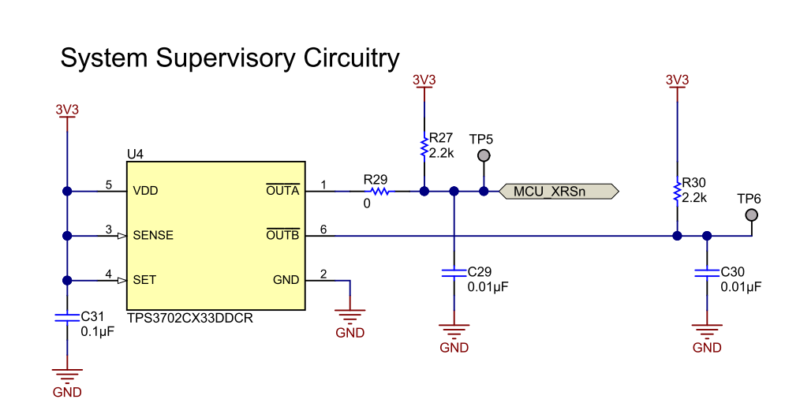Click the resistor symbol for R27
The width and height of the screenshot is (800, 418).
coord(424,147)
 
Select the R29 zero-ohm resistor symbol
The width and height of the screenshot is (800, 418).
coord(380,191)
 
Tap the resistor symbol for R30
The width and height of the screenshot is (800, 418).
coord(677,189)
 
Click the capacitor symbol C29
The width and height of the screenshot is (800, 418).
coord(454,273)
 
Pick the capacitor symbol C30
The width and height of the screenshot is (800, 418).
coord(707,273)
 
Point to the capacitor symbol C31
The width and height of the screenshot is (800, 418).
coord(67,318)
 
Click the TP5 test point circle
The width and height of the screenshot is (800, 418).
coord(484,156)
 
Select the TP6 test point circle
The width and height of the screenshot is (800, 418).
coord(752,215)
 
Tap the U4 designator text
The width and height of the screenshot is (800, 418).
coord(135,154)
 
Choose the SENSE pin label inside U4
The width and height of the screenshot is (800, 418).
coord(153,235)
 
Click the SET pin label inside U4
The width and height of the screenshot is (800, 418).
coord(144,279)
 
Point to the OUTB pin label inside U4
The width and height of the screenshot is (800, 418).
coord(282,235)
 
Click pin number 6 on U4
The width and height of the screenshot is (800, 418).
coord(323,229)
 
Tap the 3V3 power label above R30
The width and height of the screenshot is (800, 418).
coord(677,80)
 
